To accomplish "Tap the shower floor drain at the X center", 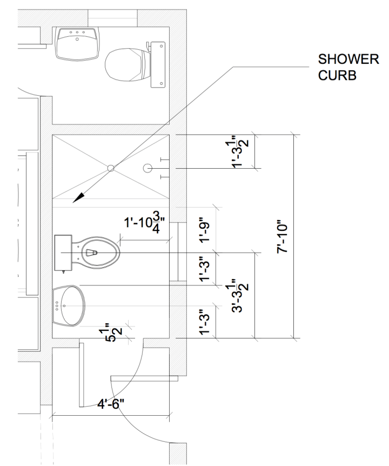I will click(110, 168).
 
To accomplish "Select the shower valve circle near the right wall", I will click(148, 168).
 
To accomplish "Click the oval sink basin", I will click(69, 305).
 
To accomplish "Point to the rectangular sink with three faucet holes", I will click(77, 43).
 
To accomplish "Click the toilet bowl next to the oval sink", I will click(99, 252).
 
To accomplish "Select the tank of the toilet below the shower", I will click(64, 252).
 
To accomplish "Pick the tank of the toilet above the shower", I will click(158, 64).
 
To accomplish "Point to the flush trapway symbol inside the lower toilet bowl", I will click(91, 252).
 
